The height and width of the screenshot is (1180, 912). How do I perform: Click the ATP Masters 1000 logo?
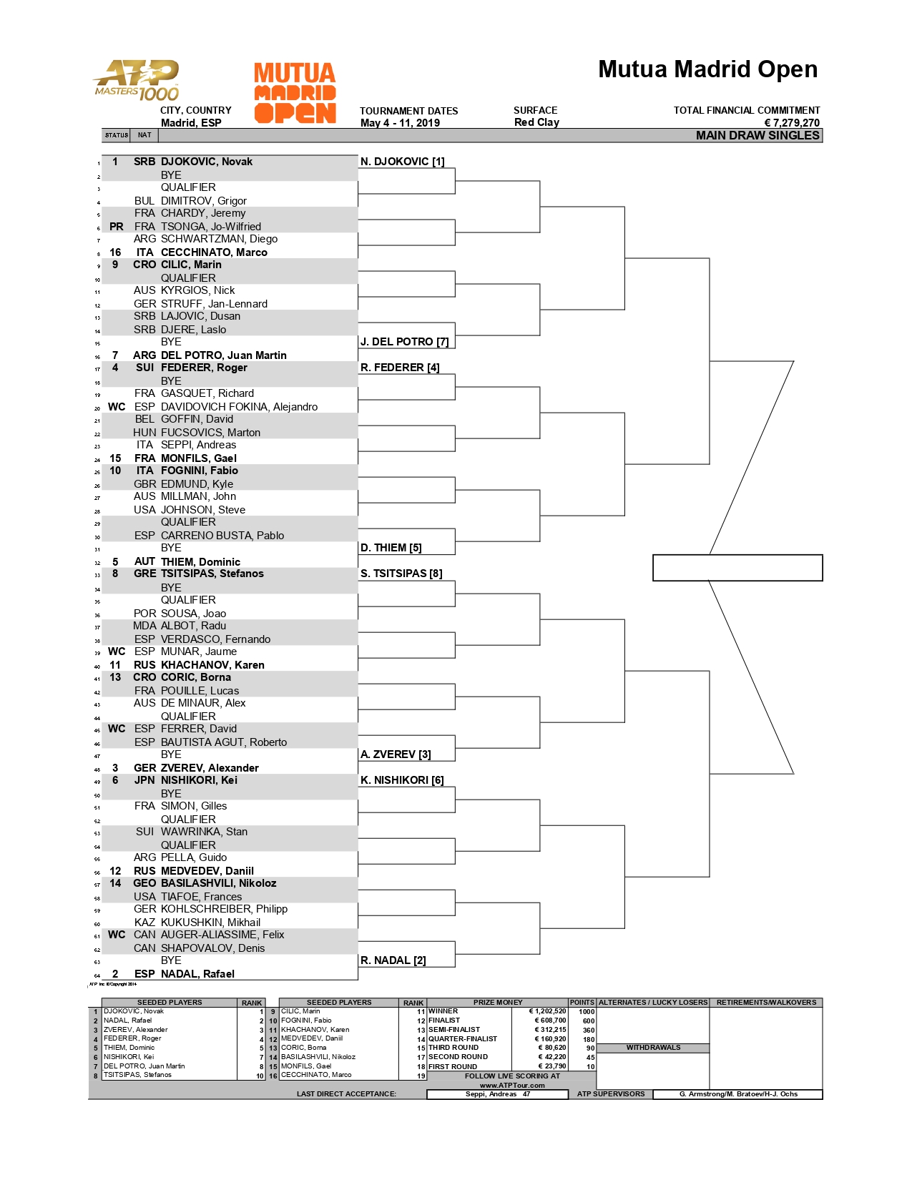tap(137, 80)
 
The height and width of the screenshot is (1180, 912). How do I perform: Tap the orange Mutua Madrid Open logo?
tap(295, 93)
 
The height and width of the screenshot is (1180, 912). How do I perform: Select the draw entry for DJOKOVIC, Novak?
tap(206, 162)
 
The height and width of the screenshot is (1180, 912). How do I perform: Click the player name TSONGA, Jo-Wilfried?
tap(210, 227)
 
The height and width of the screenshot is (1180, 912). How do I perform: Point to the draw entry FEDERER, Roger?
tap(204, 368)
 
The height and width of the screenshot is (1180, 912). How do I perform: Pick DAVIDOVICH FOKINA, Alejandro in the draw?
tap(239, 407)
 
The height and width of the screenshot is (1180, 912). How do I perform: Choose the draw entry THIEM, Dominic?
tap(200, 562)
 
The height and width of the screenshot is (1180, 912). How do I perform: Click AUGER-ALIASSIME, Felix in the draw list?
tap(222, 935)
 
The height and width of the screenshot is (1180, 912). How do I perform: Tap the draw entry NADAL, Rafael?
tap(197, 974)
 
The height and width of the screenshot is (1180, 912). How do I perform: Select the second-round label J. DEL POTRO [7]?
tap(404, 342)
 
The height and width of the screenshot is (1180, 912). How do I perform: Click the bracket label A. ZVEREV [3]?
tap(396, 754)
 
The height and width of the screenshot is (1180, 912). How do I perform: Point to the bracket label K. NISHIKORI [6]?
tap(402, 780)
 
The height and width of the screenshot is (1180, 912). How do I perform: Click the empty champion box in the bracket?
tap(737, 568)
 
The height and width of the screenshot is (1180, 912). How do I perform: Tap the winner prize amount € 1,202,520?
tap(547, 1011)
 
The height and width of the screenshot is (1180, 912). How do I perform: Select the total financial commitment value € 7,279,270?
tap(792, 123)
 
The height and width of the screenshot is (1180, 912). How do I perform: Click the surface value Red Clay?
tap(536, 122)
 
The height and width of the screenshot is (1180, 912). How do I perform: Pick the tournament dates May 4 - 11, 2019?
tap(400, 123)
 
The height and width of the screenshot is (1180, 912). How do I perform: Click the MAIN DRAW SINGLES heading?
tap(757, 135)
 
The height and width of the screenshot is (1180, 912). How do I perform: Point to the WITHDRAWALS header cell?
tap(653, 1048)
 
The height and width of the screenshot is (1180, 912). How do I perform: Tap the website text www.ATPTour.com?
tap(512, 1085)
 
